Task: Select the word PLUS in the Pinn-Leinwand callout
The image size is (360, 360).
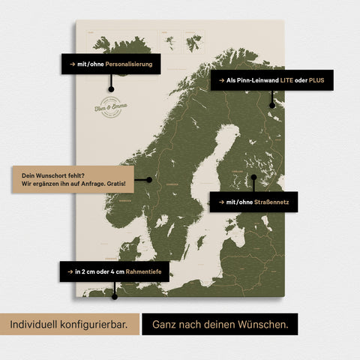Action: coord(317,79)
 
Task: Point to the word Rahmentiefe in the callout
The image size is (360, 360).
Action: coord(142,271)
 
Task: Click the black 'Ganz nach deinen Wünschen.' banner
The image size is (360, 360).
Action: coord(220,325)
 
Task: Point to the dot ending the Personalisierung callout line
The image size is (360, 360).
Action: coord(111,89)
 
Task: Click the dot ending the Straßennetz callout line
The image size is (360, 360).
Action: coord(253,178)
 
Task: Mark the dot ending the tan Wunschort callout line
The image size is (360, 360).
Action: coord(150,179)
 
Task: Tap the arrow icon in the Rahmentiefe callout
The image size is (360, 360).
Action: coord(70,271)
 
